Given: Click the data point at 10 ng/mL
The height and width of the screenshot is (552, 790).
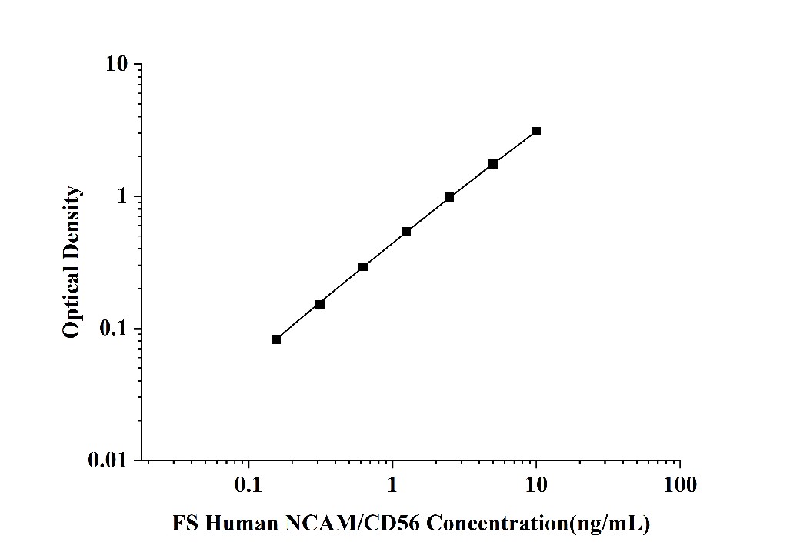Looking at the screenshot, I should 536,132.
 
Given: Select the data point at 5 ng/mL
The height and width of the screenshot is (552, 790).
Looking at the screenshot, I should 493,164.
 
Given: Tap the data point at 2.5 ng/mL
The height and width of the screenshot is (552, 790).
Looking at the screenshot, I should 449,197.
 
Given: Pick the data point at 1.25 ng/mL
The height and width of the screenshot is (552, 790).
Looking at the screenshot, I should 406,231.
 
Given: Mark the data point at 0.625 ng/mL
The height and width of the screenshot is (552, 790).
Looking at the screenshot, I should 363,266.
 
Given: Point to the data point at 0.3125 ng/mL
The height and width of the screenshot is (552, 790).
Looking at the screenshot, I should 320,304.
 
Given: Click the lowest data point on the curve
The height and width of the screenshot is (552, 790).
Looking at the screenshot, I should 276,339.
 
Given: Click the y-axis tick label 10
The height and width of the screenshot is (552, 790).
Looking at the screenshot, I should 118,65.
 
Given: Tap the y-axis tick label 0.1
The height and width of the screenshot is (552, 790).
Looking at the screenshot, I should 113,330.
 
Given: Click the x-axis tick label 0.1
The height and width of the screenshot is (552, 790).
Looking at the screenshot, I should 248,485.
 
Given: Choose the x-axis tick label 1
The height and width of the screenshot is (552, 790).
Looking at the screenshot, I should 392,485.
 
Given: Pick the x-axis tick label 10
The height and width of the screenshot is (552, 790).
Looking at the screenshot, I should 536,485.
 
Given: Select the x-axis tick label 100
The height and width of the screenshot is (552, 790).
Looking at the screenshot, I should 679,485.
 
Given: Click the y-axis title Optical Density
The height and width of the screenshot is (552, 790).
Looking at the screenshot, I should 72,262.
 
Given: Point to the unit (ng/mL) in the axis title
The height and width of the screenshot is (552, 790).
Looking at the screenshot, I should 609,525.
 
